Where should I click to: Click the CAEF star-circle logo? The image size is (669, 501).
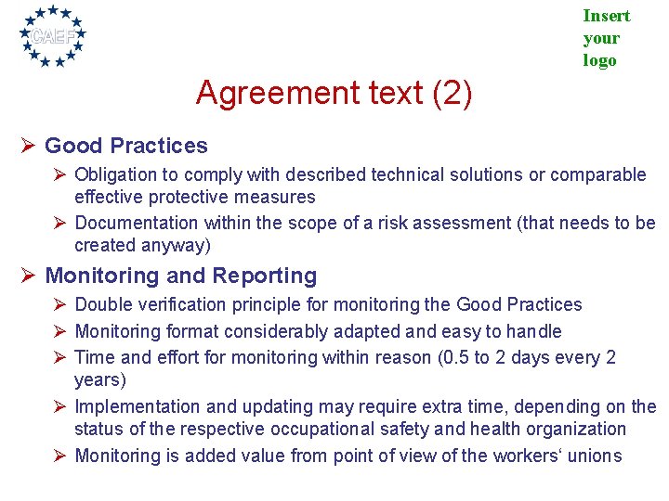coord(53,36)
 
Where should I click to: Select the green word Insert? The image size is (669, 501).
coord(606,16)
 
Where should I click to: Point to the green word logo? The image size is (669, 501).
coord(599,60)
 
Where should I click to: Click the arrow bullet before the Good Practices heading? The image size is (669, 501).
coord(28,146)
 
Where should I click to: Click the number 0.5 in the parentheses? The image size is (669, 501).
coord(453,357)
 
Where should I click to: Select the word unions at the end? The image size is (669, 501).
coord(597,455)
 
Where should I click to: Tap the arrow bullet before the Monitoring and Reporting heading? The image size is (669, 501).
coord(28,276)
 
